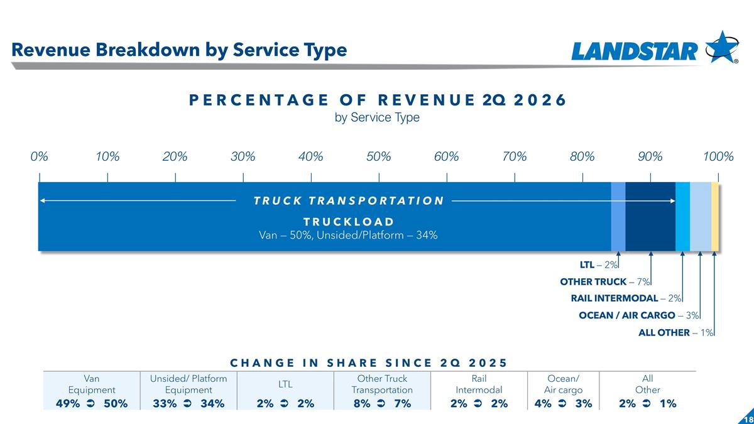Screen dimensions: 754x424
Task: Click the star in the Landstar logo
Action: coord(722,47)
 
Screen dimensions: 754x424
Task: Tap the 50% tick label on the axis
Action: coord(379,156)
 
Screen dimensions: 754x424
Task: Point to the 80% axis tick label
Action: coord(582,156)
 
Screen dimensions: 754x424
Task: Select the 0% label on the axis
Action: coord(40,156)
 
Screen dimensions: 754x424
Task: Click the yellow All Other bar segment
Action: coord(715,217)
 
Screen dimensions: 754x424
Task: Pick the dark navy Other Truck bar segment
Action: coord(650,217)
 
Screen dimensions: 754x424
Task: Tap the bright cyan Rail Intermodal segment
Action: coord(682,217)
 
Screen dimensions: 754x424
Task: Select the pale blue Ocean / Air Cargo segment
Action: coord(701,217)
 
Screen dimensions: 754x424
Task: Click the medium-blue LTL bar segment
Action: coord(618,217)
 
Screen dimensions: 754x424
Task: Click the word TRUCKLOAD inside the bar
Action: coord(349,222)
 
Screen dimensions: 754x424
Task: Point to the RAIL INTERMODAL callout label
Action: coord(615,298)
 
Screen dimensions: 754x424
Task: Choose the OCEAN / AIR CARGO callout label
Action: coord(627,315)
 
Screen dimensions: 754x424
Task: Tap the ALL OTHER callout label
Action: coord(664,332)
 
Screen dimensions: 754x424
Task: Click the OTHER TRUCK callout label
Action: coord(593,281)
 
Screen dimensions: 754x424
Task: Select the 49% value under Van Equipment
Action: coord(68,403)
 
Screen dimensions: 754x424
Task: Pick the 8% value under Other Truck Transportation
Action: coord(362,403)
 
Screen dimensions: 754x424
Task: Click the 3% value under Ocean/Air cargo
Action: coord(584,403)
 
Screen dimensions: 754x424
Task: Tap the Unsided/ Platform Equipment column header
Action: coord(188,384)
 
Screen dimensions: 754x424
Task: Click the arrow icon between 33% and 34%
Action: coord(187,403)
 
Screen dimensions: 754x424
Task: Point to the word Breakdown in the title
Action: coord(148,50)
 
